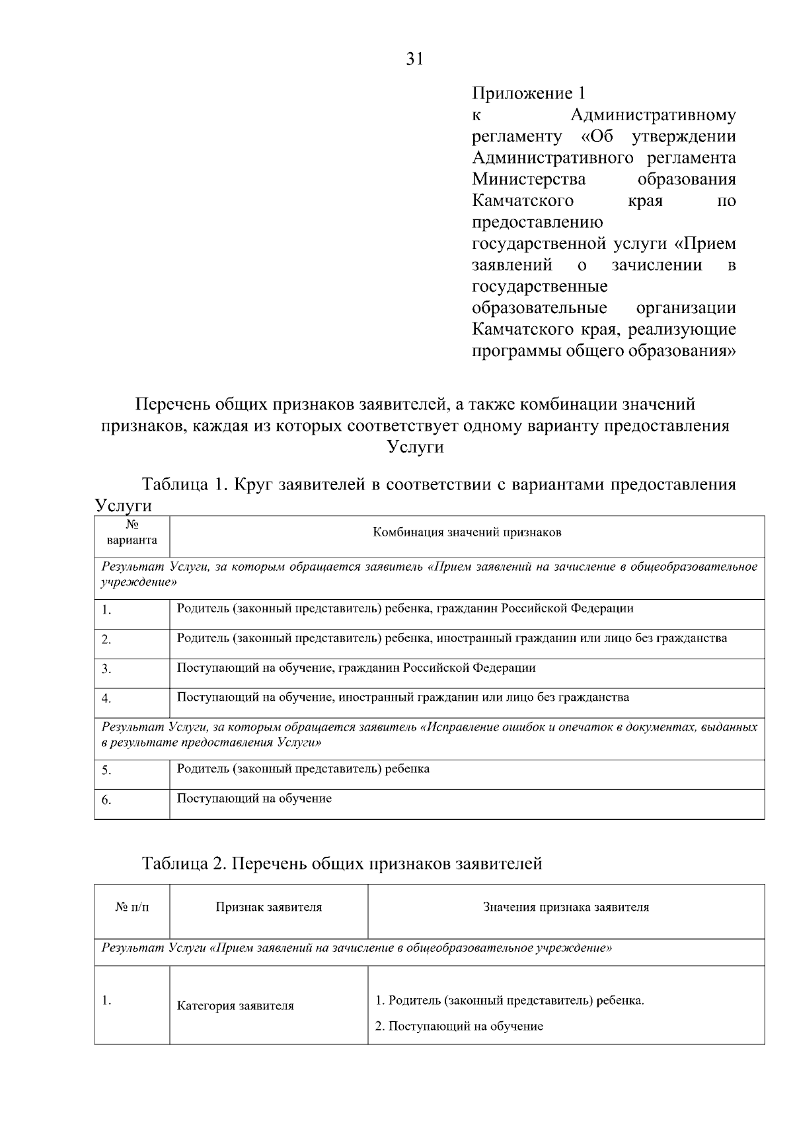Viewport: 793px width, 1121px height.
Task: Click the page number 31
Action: point(414,59)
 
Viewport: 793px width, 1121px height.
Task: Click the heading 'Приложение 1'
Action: point(529,93)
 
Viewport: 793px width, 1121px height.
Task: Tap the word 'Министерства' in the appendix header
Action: point(529,179)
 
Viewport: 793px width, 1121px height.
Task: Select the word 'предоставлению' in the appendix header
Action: point(537,222)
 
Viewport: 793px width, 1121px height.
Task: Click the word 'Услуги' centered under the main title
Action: point(414,447)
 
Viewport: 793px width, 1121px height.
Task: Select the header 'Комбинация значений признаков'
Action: point(467,532)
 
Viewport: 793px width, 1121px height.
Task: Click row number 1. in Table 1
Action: point(106,610)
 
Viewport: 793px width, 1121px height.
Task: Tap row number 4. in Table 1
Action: point(106,699)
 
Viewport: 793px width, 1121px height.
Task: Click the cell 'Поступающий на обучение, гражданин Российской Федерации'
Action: point(356,668)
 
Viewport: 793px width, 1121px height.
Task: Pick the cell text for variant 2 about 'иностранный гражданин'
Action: point(452,638)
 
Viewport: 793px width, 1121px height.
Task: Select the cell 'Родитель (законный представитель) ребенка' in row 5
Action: point(303,769)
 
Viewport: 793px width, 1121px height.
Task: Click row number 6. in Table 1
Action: point(106,801)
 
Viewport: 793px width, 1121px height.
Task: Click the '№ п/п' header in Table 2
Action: point(132,908)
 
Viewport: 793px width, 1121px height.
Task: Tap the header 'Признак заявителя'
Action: point(268,908)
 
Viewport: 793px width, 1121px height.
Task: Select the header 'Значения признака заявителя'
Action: point(566,908)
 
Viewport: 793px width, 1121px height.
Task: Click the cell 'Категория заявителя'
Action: point(235,1006)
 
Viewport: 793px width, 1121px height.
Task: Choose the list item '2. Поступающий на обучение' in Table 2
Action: point(459,1027)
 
